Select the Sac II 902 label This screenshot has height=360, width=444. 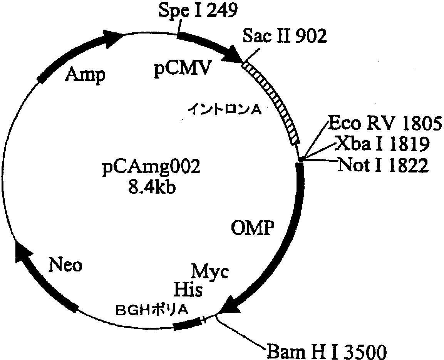click(x=285, y=37)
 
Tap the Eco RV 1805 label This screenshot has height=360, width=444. click(x=384, y=124)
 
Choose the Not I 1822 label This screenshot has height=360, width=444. click(x=383, y=166)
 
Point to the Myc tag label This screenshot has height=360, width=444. click(x=210, y=271)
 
